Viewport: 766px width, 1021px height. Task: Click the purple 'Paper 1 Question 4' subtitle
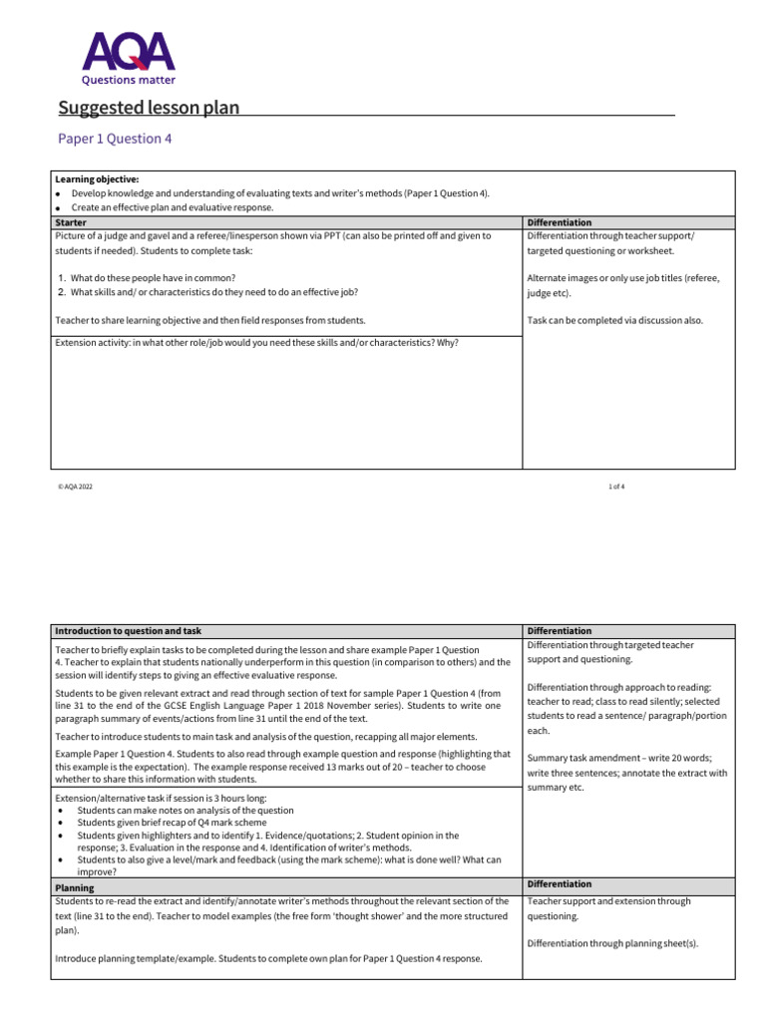114,139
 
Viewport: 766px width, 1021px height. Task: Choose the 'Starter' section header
71,222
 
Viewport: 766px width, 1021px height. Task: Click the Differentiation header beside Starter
559,222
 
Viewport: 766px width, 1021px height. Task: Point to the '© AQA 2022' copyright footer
75,487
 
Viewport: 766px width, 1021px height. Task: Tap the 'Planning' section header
75,887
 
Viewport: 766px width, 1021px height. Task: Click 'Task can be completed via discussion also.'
614,320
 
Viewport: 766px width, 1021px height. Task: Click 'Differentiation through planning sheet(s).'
612,943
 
